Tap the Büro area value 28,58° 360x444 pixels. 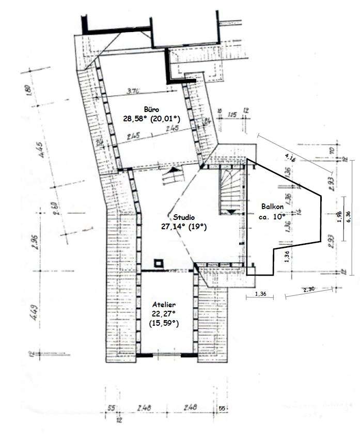click(x=135, y=118)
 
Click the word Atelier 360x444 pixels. click(x=163, y=304)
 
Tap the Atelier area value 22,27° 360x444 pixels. click(x=163, y=313)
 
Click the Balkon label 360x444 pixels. click(x=271, y=209)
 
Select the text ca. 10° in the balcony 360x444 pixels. click(x=272, y=217)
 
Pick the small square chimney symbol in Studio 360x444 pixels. click(x=159, y=262)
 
